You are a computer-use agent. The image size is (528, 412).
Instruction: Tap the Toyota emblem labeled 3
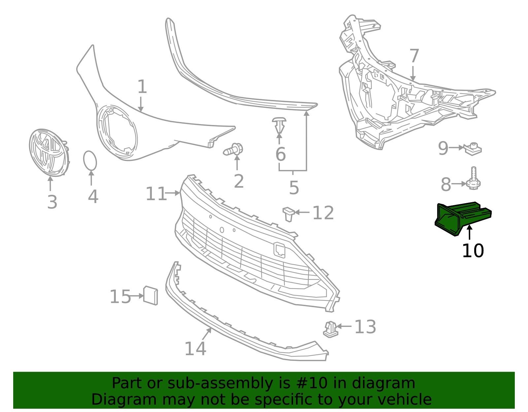pyautogui.click(x=49, y=152)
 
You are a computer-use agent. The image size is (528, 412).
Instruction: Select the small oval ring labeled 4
pyautogui.click(x=90, y=161)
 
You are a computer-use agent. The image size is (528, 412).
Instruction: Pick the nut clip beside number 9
pyautogui.click(x=473, y=149)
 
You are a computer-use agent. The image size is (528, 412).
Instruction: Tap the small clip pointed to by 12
pyautogui.click(x=288, y=213)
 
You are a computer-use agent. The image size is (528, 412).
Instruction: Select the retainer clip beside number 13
pyautogui.click(x=330, y=330)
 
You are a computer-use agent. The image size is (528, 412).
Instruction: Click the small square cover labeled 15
pyautogui.click(x=150, y=295)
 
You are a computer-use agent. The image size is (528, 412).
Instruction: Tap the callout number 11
pyautogui.click(x=156, y=194)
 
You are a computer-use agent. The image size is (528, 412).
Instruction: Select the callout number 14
pyautogui.click(x=195, y=349)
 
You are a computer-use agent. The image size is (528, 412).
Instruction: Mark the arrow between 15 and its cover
pyautogui.click(x=136, y=296)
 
